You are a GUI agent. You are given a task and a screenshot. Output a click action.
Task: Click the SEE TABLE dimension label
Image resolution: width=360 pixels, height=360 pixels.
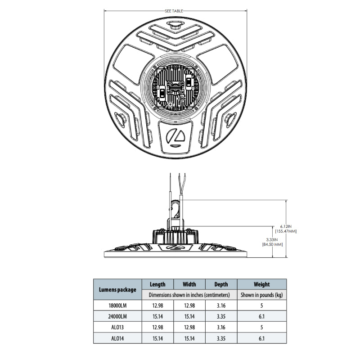pyautogui.click(x=174, y=11)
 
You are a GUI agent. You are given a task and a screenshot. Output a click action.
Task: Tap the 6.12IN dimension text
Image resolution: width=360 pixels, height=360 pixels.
pyautogui.click(x=286, y=226)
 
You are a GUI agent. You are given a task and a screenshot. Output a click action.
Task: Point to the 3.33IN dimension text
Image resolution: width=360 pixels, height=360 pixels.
pyautogui.click(x=272, y=240)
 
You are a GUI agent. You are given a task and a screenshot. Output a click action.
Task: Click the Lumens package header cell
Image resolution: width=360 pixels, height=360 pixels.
pyautogui.click(x=117, y=289)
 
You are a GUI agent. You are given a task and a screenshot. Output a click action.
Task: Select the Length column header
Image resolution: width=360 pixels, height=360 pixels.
pyautogui.click(x=157, y=284)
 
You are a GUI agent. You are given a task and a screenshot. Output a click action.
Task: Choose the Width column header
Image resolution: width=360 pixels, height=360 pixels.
pyautogui.click(x=189, y=284)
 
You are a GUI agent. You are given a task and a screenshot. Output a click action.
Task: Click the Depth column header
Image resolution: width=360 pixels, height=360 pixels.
pyautogui.click(x=221, y=284)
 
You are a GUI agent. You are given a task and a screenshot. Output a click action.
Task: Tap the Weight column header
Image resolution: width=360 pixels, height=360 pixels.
pyautogui.click(x=262, y=284)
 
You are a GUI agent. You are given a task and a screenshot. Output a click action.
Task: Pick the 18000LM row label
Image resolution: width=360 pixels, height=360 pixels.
pyautogui.click(x=117, y=306)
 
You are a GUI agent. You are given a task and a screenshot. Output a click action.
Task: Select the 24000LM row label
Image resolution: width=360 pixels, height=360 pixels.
pyautogui.click(x=117, y=316)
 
